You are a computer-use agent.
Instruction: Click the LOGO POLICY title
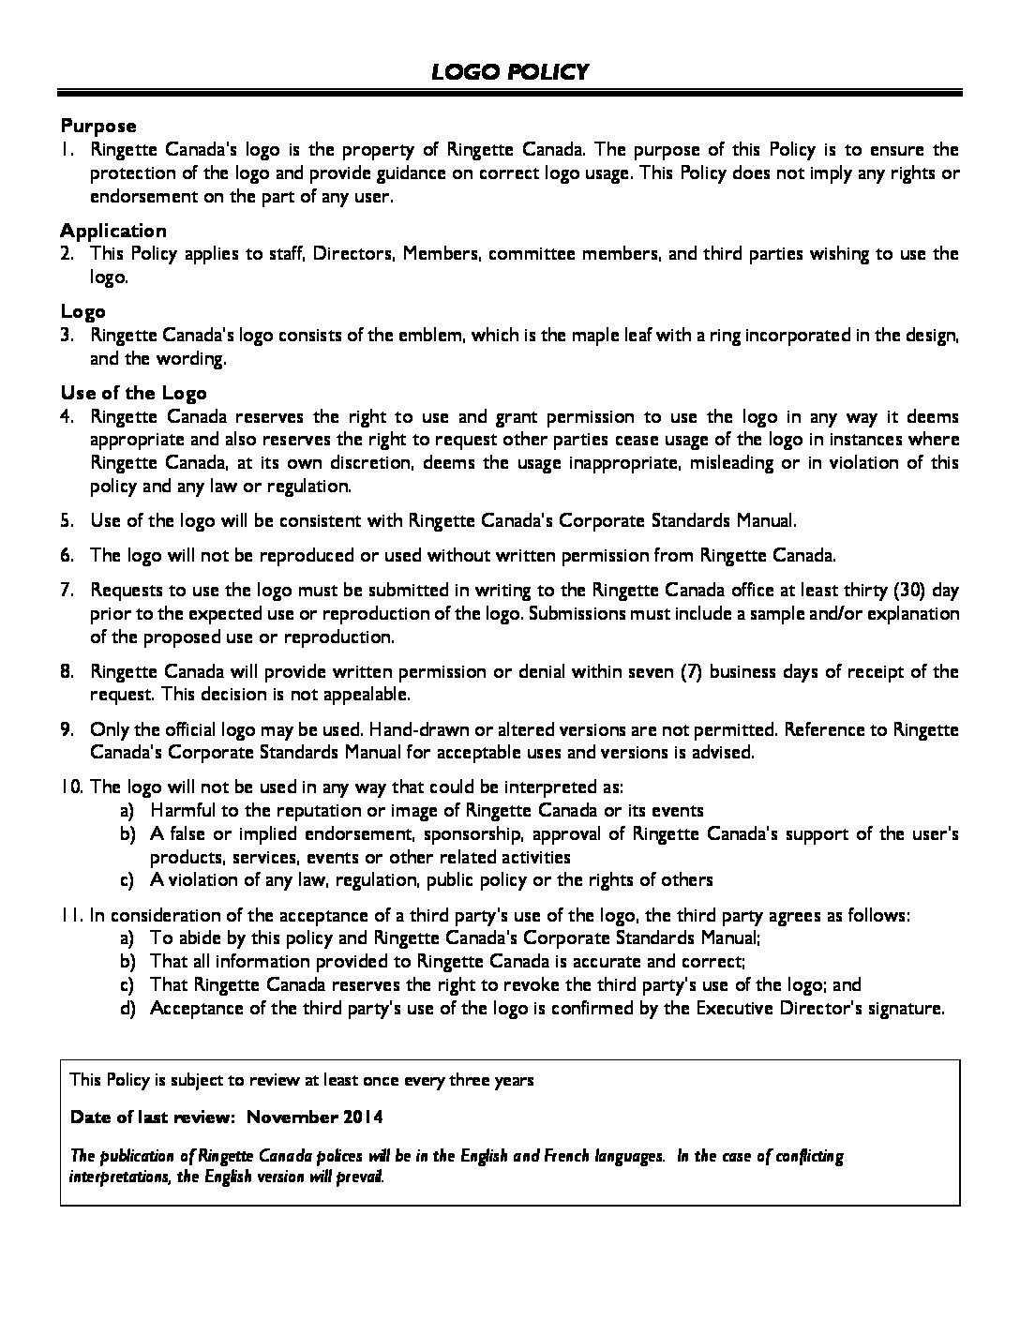point(510,72)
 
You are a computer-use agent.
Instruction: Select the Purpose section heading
point(98,126)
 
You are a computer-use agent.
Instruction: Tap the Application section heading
point(113,231)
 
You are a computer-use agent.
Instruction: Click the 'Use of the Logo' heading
point(133,393)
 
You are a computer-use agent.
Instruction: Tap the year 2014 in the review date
point(363,1117)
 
